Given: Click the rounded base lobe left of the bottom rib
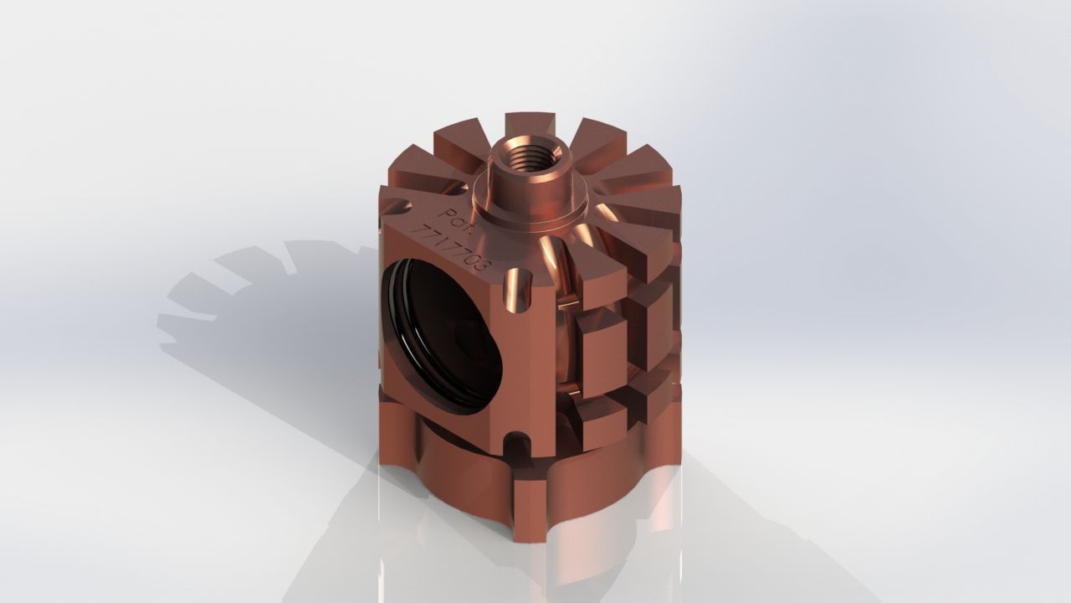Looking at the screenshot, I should click(452, 477).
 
